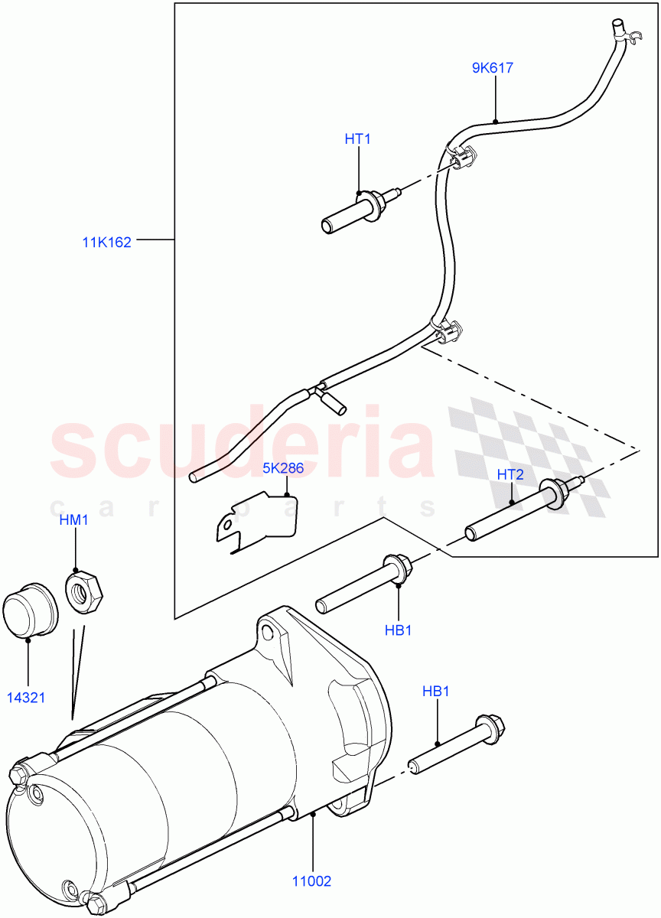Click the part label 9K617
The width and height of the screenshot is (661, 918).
tap(493, 68)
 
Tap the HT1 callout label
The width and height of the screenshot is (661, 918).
tap(357, 138)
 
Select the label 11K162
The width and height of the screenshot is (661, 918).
tap(107, 243)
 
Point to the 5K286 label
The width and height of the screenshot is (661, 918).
tap(283, 468)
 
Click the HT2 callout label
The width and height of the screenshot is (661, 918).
tap(510, 474)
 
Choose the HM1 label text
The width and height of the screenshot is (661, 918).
tap(74, 520)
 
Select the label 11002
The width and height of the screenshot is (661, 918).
tap(312, 881)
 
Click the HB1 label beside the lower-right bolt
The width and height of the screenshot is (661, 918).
tap(436, 691)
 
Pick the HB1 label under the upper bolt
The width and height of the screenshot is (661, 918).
tap(398, 630)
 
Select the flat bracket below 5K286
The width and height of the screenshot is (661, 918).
tap(255, 524)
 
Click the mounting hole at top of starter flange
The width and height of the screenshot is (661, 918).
tap(267, 632)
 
